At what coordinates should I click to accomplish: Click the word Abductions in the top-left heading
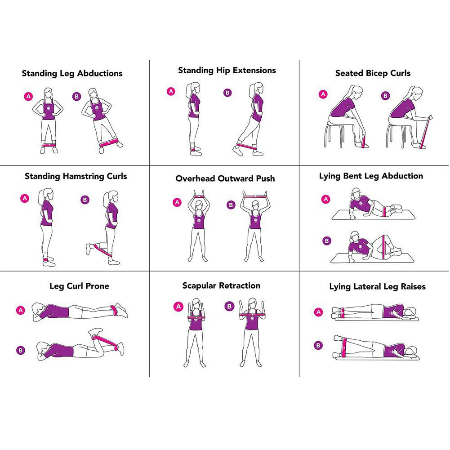tap(100, 73)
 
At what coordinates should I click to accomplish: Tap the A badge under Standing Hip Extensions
tap(171, 91)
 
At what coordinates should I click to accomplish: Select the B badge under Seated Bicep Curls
tap(385, 96)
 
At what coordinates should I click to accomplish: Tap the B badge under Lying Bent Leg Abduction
tap(326, 241)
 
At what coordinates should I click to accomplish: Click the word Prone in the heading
tap(97, 286)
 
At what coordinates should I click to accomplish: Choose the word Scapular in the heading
tap(199, 286)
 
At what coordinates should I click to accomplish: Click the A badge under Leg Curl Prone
tap(20, 310)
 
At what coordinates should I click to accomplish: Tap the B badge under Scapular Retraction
tap(229, 306)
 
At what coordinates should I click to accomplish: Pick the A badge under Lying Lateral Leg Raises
tap(319, 312)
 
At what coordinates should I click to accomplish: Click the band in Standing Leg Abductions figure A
tap(49, 145)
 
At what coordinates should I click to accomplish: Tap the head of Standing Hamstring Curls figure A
tap(47, 196)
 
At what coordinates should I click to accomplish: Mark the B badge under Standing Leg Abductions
tap(76, 96)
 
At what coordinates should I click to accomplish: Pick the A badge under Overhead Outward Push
tap(178, 202)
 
